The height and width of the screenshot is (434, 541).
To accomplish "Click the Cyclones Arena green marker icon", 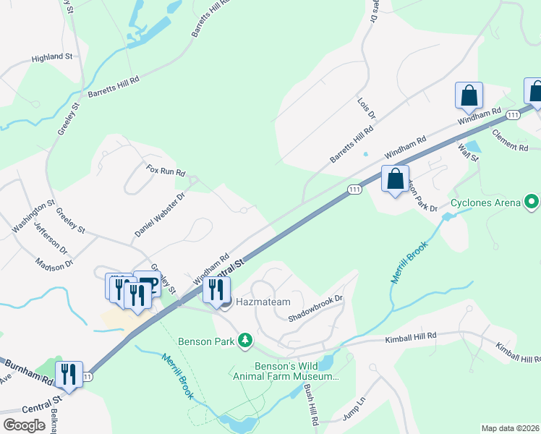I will click(x=532, y=202).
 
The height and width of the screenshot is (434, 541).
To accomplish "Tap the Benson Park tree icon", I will click(x=246, y=340).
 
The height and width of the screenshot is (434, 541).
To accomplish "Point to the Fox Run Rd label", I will click(x=166, y=173).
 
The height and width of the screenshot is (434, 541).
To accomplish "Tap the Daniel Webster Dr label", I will click(x=160, y=215).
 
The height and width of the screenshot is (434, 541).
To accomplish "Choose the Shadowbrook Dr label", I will click(x=315, y=307).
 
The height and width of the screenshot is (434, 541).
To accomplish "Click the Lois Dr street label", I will click(x=367, y=109).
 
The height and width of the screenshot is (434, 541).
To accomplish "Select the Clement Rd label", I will click(x=510, y=140).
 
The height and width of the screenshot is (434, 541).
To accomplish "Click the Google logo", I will click(x=24, y=425).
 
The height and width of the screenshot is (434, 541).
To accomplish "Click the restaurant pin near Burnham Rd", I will click(x=69, y=374).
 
